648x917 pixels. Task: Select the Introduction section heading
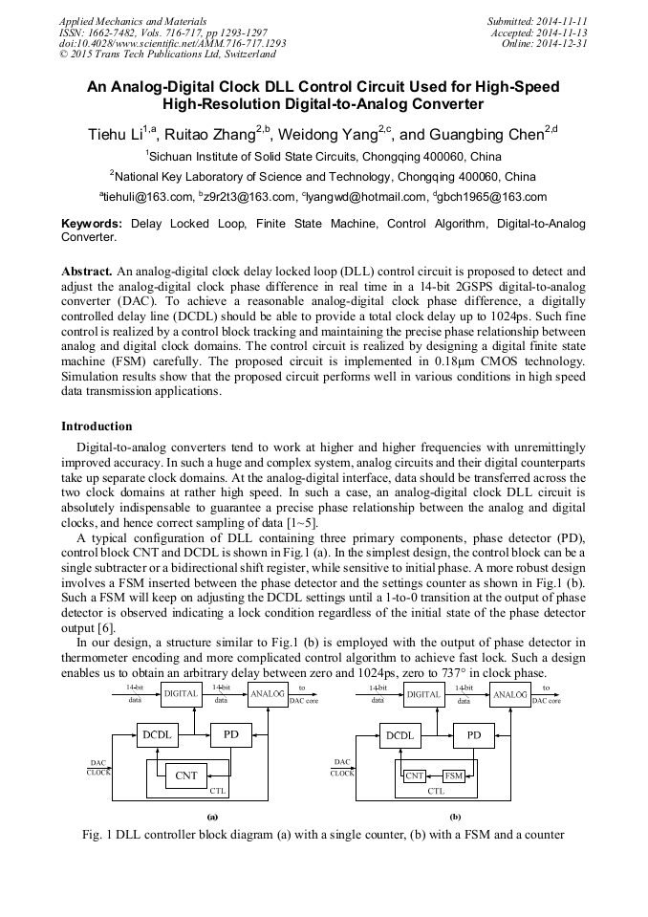(97, 426)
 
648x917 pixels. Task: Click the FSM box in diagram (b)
(454, 775)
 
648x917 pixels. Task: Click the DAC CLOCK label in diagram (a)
(98, 767)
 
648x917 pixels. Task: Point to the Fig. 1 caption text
(323, 835)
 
